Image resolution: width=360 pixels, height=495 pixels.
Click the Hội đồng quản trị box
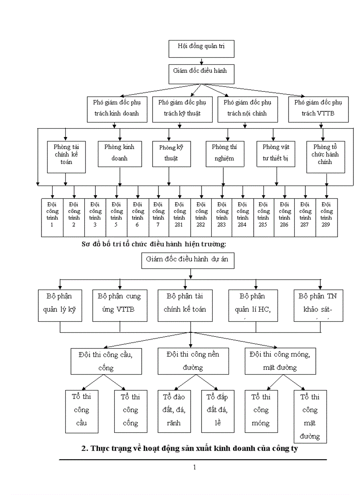coord(201,48)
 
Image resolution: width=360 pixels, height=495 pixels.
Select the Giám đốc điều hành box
coord(201,74)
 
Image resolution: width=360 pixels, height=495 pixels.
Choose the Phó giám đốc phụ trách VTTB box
coord(318,109)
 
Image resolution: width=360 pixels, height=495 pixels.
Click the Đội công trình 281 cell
coord(180,218)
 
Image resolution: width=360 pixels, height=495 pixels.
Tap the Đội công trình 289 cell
coord(326,218)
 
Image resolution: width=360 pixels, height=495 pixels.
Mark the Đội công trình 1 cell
coord(52,218)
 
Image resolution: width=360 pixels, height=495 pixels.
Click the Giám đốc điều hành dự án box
coord(187,260)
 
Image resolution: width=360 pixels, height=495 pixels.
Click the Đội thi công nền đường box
coord(193,361)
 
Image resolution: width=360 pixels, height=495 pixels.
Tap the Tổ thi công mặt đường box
coord(310,417)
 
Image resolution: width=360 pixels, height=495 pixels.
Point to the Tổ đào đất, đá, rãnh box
coord(174,411)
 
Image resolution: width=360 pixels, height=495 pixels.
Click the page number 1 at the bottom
coord(194,467)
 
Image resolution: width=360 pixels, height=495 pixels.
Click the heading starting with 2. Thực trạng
coord(192,449)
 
